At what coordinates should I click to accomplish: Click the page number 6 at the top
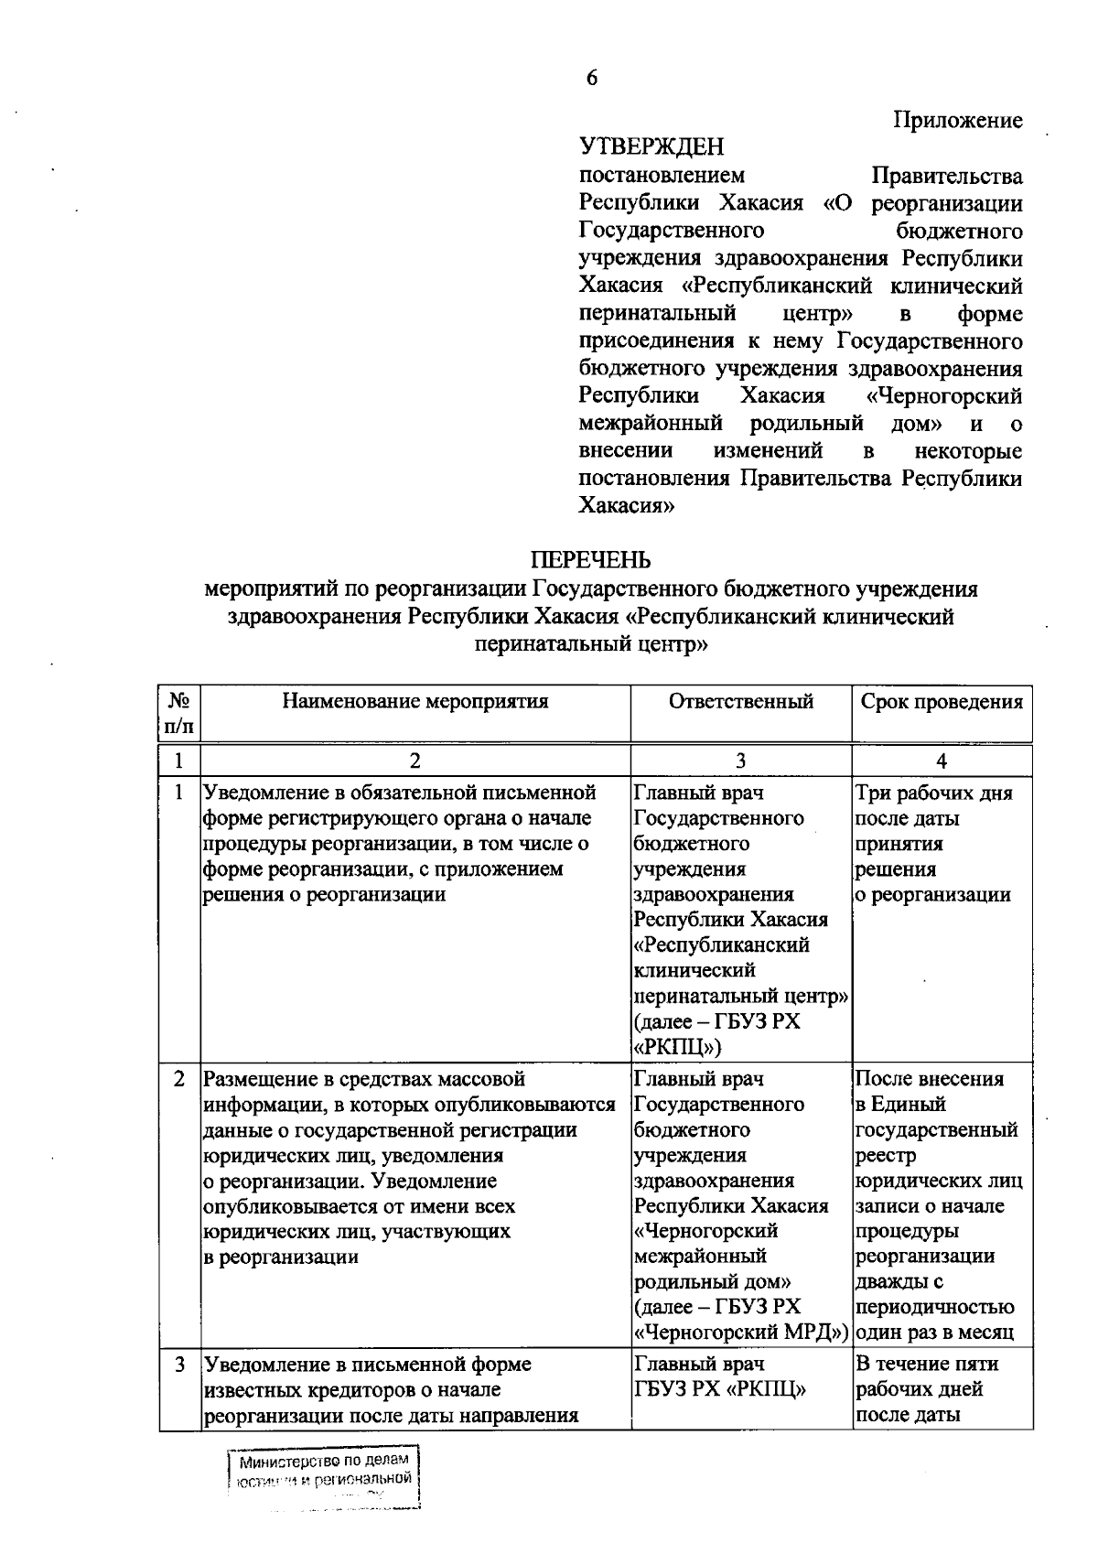[591, 79]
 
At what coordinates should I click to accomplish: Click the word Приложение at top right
[957, 120]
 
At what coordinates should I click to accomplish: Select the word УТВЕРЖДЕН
[651, 146]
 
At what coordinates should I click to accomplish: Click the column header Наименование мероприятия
[415, 702]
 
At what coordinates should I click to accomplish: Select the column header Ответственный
[740, 702]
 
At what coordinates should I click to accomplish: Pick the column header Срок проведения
[942, 702]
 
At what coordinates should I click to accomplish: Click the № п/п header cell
[179, 713]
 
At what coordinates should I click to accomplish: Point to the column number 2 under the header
[415, 761]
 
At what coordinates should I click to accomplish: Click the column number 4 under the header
[942, 761]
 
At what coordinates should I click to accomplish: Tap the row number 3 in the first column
[179, 1365]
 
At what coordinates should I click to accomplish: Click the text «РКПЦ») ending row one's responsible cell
[677, 1046]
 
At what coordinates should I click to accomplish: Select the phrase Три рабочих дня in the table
[933, 793]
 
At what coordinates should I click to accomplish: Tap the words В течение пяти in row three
[927, 1364]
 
